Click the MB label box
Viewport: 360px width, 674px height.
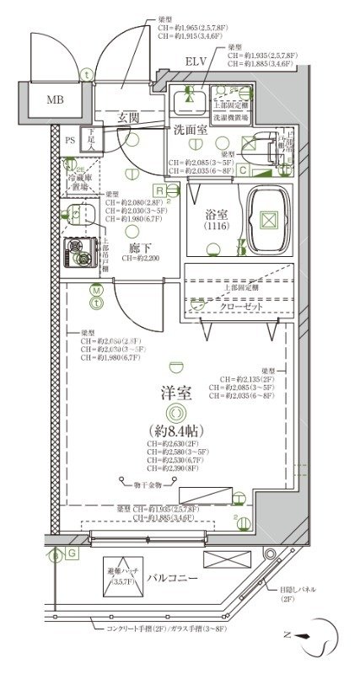click(x=54, y=100)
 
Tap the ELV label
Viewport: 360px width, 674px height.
click(x=196, y=62)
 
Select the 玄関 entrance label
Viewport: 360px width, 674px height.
click(x=129, y=116)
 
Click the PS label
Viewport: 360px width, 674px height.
click(x=70, y=139)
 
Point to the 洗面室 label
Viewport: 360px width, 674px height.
click(x=191, y=130)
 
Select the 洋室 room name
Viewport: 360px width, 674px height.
click(x=175, y=392)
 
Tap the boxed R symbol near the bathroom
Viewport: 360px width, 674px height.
click(x=159, y=190)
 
